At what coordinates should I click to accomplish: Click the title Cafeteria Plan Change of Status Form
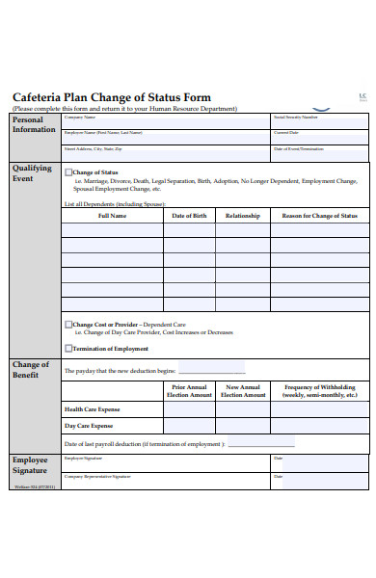(111, 98)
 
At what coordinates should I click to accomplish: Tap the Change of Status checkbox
(67, 172)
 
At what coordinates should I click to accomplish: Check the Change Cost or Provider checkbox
(67, 325)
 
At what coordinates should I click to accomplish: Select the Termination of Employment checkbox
(67, 349)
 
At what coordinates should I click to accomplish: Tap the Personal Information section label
(33, 123)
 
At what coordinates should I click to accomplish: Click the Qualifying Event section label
(31, 172)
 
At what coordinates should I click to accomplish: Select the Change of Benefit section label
(31, 369)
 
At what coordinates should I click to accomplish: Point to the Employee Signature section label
(31, 464)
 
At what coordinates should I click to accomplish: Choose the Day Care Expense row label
(89, 426)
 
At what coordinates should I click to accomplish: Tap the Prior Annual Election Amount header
(189, 391)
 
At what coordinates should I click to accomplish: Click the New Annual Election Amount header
(243, 391)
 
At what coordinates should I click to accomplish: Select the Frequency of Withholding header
(320, 391)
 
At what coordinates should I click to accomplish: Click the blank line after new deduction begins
(212, 371)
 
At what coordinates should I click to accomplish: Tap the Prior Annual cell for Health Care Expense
(189, 409)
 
